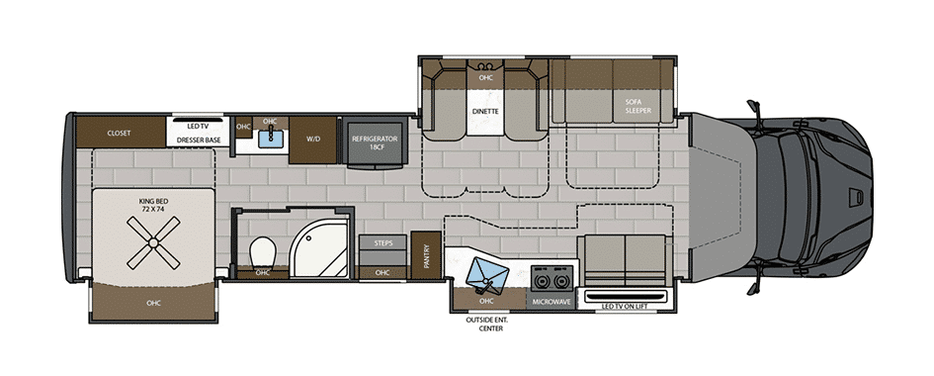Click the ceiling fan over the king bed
pos(153,242)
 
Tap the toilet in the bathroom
pos(263,253)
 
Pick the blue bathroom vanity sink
pos(271,139)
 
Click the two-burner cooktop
pos(552,279)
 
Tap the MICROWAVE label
pos(552,302)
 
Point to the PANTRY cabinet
pos(427,255)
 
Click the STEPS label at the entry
pos(382,243)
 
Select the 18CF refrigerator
pos(374,143)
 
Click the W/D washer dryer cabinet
pos(313,140)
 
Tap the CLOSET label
pos(120,133)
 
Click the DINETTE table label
pos(486,111)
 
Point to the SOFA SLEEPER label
pos(637,107)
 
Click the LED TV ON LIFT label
pos(625,307)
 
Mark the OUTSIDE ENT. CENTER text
pos(486,325)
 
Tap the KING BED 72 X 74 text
pos(152,206)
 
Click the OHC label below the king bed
pos(153,303)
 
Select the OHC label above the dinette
pos(486,77)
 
